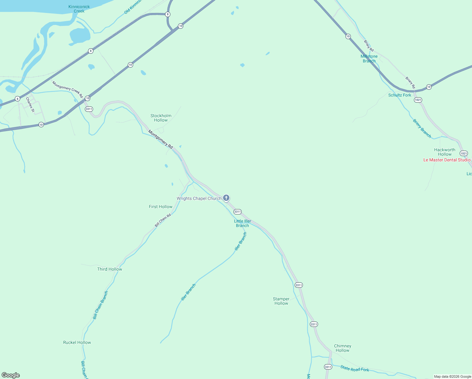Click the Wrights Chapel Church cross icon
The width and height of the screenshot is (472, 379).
click(226, 198)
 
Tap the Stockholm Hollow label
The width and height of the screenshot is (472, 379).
click(161, 118)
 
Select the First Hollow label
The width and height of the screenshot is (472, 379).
click(161, 207)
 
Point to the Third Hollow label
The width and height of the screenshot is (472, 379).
click(109, 269)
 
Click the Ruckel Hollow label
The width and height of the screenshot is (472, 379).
click(77, 342)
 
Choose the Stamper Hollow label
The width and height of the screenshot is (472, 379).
click(281, 301)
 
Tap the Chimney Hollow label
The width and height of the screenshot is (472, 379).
click(343, 348)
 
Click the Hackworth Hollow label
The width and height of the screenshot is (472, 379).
click(445, 152)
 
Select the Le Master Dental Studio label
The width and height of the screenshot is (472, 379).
click(447, 160)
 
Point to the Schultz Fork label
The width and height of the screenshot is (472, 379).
click(400, 95)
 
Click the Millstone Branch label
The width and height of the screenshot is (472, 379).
click(369, 59)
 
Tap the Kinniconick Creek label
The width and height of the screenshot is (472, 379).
click(79, 9)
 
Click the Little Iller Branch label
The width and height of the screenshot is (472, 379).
click(243, 223)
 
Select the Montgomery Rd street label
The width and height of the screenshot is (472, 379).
click(161, 140)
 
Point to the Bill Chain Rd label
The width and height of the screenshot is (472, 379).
click(163, 220)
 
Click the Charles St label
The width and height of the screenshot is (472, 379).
click(30, 105)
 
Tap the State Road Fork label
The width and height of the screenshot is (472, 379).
click(355, 368)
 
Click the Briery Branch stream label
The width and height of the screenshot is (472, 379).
click(422, 128)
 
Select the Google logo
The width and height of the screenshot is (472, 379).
click(11, 375)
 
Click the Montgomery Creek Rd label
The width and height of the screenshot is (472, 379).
click(68, 89)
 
